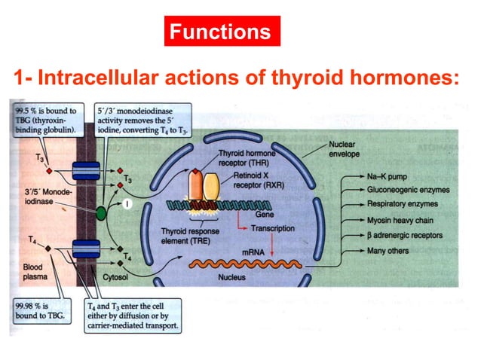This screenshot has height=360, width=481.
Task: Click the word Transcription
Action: [x=273, y=228]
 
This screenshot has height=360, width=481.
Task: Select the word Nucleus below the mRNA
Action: [x=232, y=277]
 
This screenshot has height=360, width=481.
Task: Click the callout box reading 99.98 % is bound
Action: [x=40, y=310]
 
